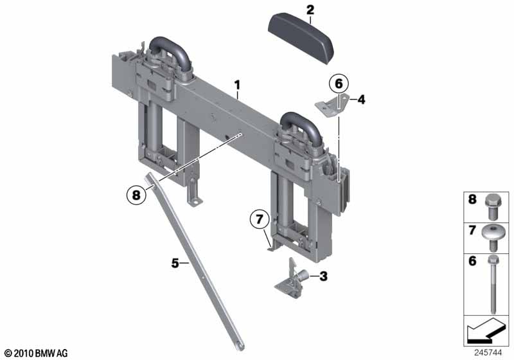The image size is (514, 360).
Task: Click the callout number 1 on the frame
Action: [x=237, y=85]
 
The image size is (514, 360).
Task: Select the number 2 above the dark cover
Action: [x=310, y=10]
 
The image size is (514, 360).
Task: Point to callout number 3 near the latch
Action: [x=323, y=276]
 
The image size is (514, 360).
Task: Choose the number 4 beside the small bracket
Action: [x=361, y=100]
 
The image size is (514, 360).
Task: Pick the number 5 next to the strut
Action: [x=175, y=263]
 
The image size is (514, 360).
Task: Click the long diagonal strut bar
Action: [x=195, y=262]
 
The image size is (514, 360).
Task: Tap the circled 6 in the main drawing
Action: [x=339, y=84]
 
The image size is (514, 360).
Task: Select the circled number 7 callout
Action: [x=260, y=219]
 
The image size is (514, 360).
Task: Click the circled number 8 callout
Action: [x=136, y=195]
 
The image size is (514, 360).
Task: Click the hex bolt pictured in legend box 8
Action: [x=492, y=206]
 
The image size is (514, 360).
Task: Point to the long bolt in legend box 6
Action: [x=493, y=284]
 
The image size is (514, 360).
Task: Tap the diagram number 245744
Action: [x=488, y=353]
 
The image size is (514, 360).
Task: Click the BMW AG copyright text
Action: [x=37, y=354]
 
